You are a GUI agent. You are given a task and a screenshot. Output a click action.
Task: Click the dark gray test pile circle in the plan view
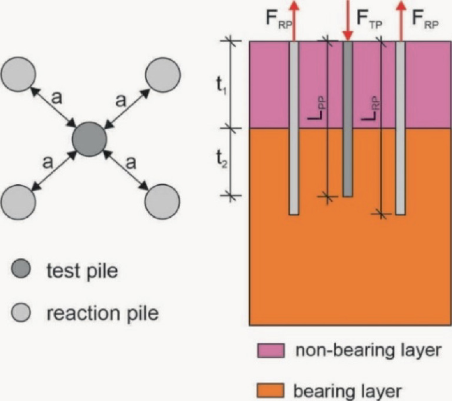pos(89,140)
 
